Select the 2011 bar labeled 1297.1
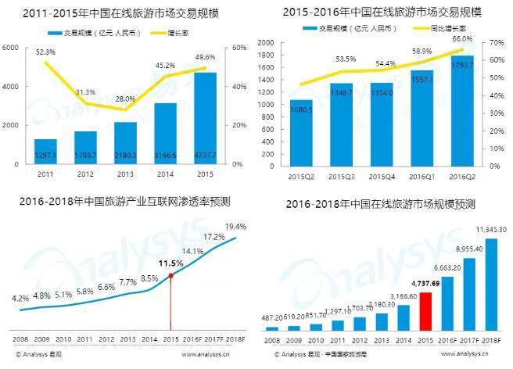tap(45, 152)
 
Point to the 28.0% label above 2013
tap(124, 99)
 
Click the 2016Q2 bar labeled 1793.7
tap(462, 109)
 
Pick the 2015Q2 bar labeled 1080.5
tap(301, 132)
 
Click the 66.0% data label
tap(463, 38)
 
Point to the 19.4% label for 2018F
tap(235, 227)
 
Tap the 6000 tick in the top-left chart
tap(12, 48)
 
